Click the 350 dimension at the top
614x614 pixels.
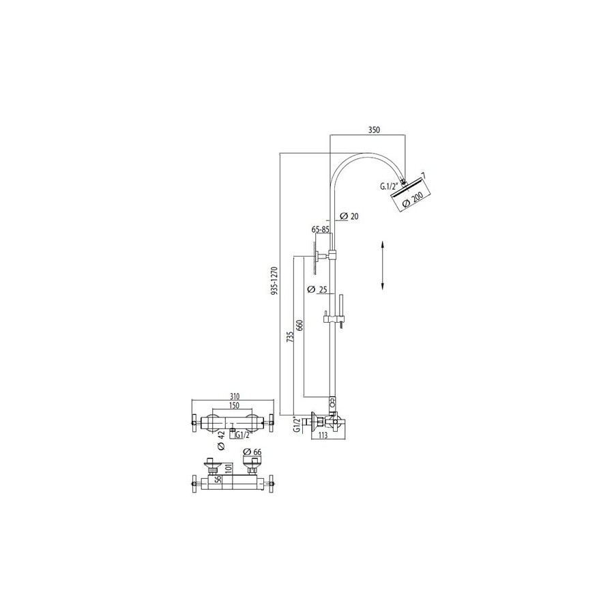tap(373, 128)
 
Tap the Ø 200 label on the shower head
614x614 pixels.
tap(412, 199)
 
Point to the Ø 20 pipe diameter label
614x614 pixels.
tap(349, 216)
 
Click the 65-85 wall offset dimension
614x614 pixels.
tap(321, 230)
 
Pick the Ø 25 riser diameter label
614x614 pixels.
tap(320, 290)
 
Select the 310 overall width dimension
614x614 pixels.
tap(234, 396)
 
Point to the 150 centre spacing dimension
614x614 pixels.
tap(233, 406)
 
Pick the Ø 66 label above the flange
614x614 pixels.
tap(253, 452)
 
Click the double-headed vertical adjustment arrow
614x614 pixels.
tap(383, 266)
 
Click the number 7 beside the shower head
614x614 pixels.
tap(423, 176)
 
